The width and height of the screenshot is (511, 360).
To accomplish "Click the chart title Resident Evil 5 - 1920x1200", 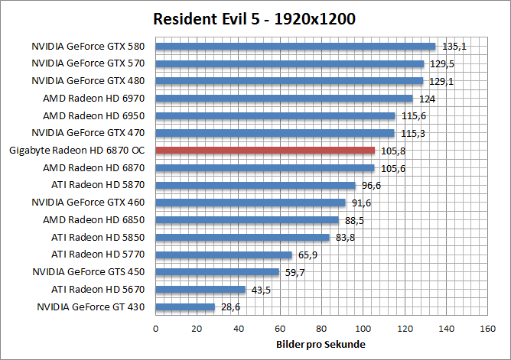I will [x=254, y=19].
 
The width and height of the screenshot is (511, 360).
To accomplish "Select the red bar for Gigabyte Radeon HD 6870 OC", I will [x=265, y=151].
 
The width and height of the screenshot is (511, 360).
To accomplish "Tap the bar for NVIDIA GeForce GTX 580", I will [x=295, y=47].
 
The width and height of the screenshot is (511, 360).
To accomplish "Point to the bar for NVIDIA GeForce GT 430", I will [x=185, y=307].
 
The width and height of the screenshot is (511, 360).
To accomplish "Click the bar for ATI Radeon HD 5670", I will [x=200, y=290].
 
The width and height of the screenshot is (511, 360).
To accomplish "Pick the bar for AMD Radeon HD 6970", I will [x=284, y=99].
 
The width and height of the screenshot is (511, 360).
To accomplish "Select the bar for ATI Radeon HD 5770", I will [x=223, y=255].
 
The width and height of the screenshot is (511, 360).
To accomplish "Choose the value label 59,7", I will [x=295, y=272].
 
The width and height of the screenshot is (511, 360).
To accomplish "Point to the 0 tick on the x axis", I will [x=156, y=329].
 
